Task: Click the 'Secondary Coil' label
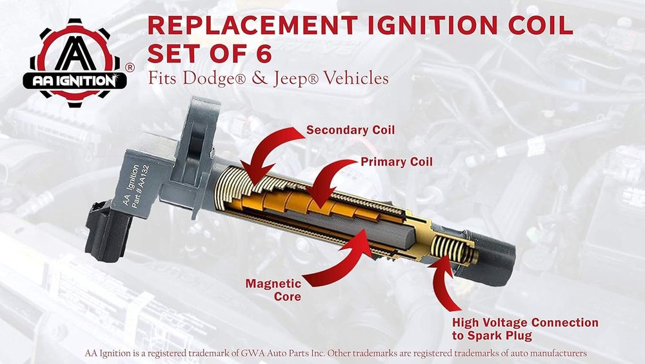click(350, 130)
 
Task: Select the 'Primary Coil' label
click(397, 162)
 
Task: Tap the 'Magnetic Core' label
click(273, 290)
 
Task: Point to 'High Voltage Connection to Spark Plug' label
click(525, 329)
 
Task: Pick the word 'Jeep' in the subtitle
click(290, 79)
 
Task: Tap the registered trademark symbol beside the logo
click(129, 68)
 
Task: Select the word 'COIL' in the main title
click(541, 26)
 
